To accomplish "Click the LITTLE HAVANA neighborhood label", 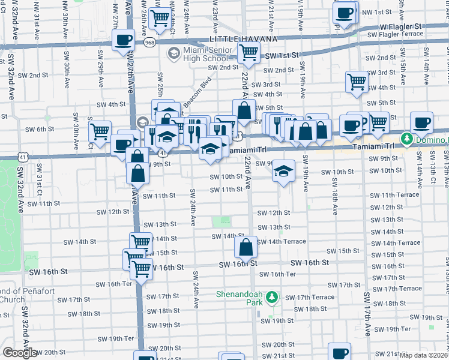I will (243, 39).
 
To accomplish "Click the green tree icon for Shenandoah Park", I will (272, 296).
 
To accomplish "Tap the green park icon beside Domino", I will (406, 139).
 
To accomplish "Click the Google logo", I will (20, 353).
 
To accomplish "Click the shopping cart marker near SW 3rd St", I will (357, 81).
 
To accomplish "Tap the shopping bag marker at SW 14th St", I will (246, 246).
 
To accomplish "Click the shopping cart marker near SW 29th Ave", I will (100, 131).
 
